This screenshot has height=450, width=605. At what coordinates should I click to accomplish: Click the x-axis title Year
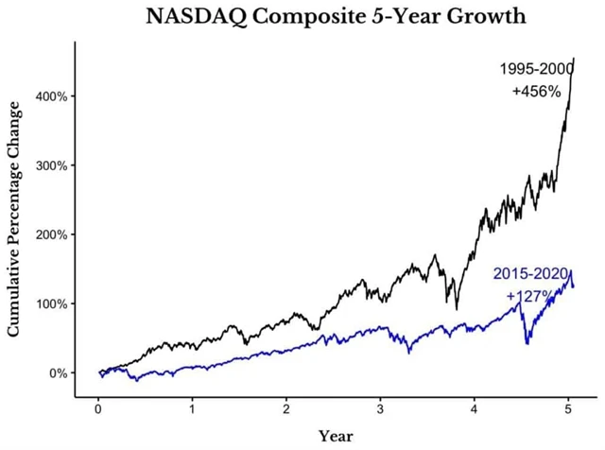click(335, 436)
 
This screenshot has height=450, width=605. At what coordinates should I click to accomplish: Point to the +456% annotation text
click(536, 92)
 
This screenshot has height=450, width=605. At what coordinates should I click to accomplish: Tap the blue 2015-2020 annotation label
click(529, 275)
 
